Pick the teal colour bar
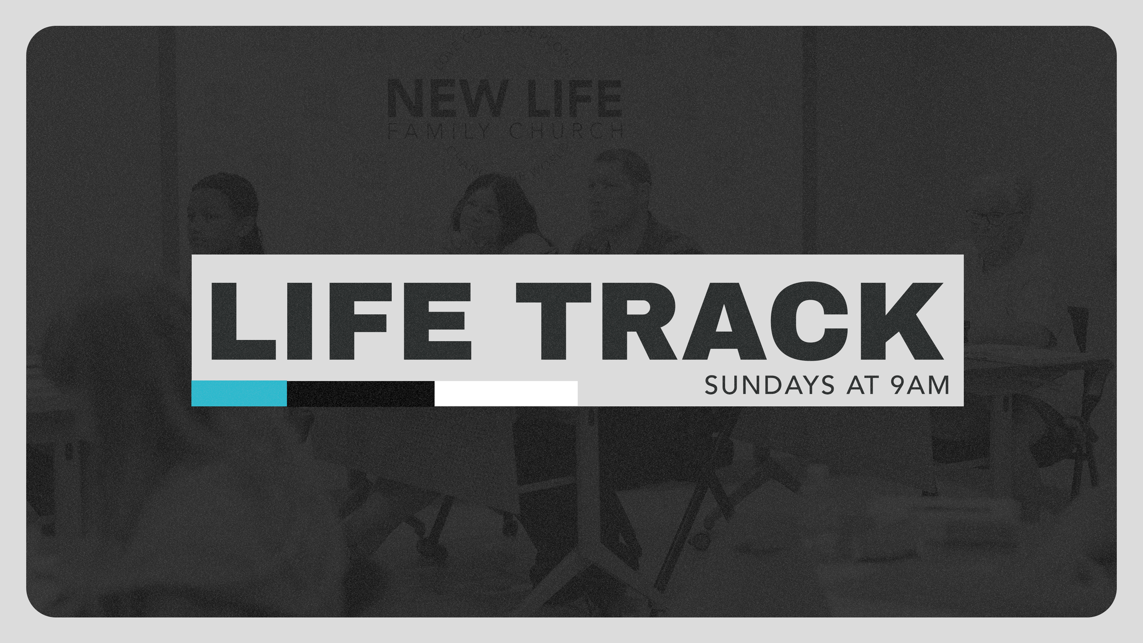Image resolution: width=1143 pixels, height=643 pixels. coord(239,393)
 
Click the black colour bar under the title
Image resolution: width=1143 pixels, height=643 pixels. coord(360,393)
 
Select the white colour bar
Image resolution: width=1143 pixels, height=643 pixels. coord(506,393)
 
